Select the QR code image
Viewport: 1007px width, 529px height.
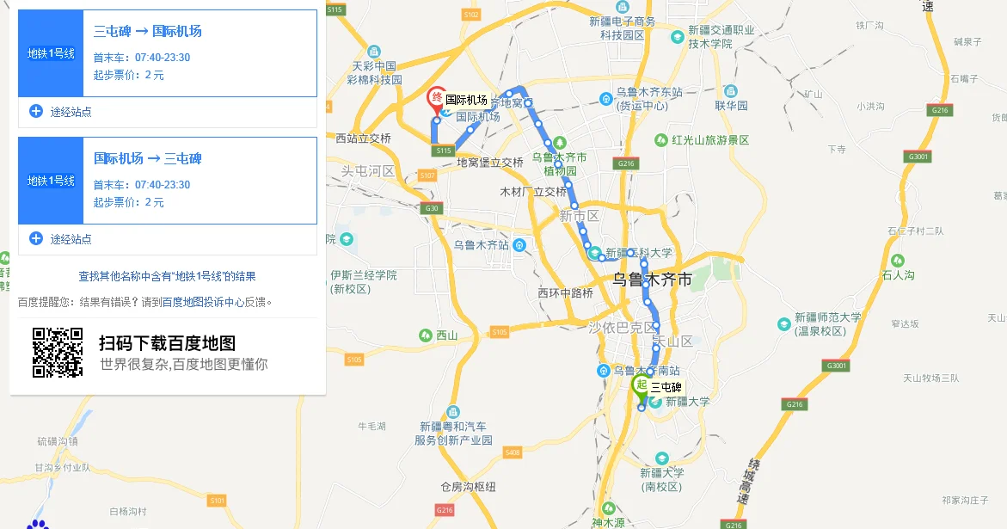58,353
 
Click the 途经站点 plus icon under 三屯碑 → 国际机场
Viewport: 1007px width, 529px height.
36,111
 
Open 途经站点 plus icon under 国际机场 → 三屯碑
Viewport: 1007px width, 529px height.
36,238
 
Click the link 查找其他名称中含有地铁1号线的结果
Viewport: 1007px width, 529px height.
167,276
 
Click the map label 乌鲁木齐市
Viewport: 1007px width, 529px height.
652,280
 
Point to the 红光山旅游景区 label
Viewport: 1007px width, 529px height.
710,139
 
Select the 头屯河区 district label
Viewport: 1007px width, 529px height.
368,171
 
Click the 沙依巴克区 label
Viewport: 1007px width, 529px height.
623,327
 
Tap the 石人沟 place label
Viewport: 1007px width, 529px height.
898,275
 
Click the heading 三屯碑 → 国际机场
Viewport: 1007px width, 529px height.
148,32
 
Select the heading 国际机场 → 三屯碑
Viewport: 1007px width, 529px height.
148,159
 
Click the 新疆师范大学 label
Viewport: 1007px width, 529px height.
827,317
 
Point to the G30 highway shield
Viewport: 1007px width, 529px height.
431,208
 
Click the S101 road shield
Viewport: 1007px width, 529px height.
217,500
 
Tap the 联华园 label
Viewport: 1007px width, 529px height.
731,105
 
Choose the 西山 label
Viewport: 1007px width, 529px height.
447,335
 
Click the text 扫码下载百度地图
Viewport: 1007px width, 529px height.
167,343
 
